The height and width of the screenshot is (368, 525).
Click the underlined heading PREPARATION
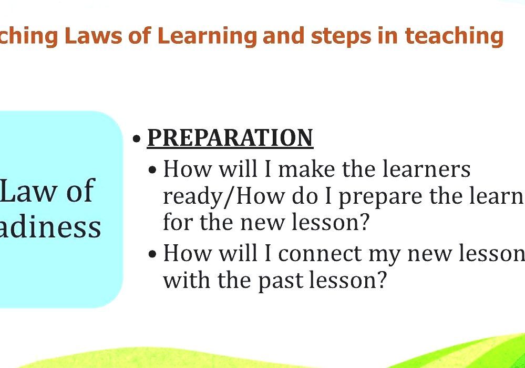click(x=230, y=137)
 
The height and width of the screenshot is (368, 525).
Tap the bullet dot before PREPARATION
click(x=137, y=139)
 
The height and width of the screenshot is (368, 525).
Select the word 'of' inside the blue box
click(x=80, y=190)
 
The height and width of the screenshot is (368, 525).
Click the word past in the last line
click(x=280, y=280)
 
